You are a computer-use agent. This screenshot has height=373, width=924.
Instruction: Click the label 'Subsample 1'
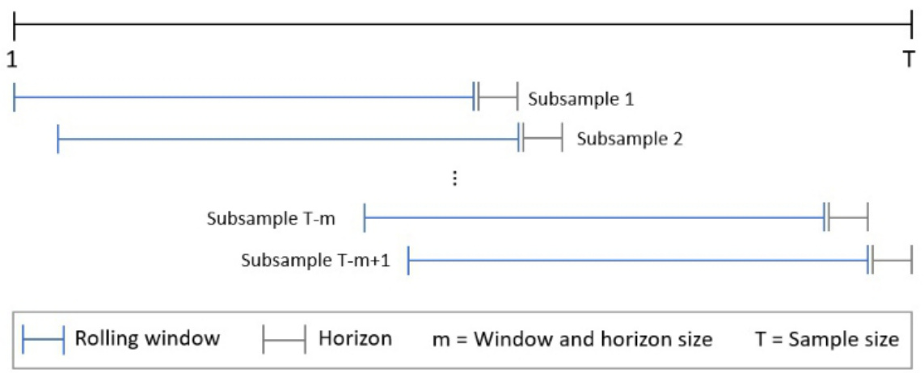click(580, 100)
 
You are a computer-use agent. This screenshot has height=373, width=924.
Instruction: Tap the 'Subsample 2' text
click(630, 139)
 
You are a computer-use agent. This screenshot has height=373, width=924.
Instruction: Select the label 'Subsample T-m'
click(271, 219)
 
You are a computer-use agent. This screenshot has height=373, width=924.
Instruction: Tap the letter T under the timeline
click(909, 59)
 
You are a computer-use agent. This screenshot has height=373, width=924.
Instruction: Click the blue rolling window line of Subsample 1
click(243, 97)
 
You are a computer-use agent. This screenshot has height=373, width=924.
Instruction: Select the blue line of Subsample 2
click(287, 138)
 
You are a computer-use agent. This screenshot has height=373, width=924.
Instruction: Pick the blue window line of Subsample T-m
click(594, 218)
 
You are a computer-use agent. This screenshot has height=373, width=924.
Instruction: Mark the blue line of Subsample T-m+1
click(639, 260)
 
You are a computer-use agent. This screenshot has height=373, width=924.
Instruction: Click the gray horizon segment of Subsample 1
click(497, 97)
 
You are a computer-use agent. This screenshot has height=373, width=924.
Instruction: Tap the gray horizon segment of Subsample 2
click(542, 138)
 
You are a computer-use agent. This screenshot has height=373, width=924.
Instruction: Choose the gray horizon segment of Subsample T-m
click(848, 218)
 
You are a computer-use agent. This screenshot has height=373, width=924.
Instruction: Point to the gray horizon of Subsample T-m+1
click(892, 260)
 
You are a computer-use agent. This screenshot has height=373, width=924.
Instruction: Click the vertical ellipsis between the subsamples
click(455, 179)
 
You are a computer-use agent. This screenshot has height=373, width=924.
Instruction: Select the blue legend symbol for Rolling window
click(44, 339)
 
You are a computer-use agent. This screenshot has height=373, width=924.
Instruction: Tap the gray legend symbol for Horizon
click(284, 339)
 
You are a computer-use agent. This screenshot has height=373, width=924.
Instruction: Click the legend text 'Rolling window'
click(147, 337)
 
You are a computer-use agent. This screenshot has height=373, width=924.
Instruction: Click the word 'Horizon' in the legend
click(355, 337)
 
